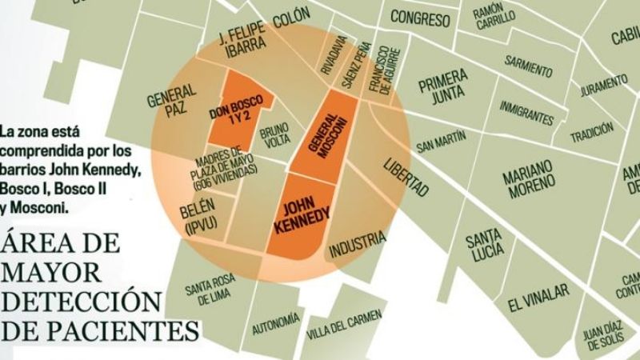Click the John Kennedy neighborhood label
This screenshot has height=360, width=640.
[x=302, y=212]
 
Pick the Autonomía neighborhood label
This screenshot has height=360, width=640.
[x=276, y=322]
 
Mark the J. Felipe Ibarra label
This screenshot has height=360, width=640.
[x=242, y=42]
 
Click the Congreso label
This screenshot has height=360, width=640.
[x=420, y=17]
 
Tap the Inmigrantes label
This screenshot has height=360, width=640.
[x=526, y=112]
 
